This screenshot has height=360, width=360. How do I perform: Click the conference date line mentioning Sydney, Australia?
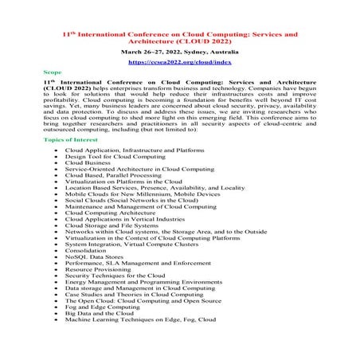pos(179,50)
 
